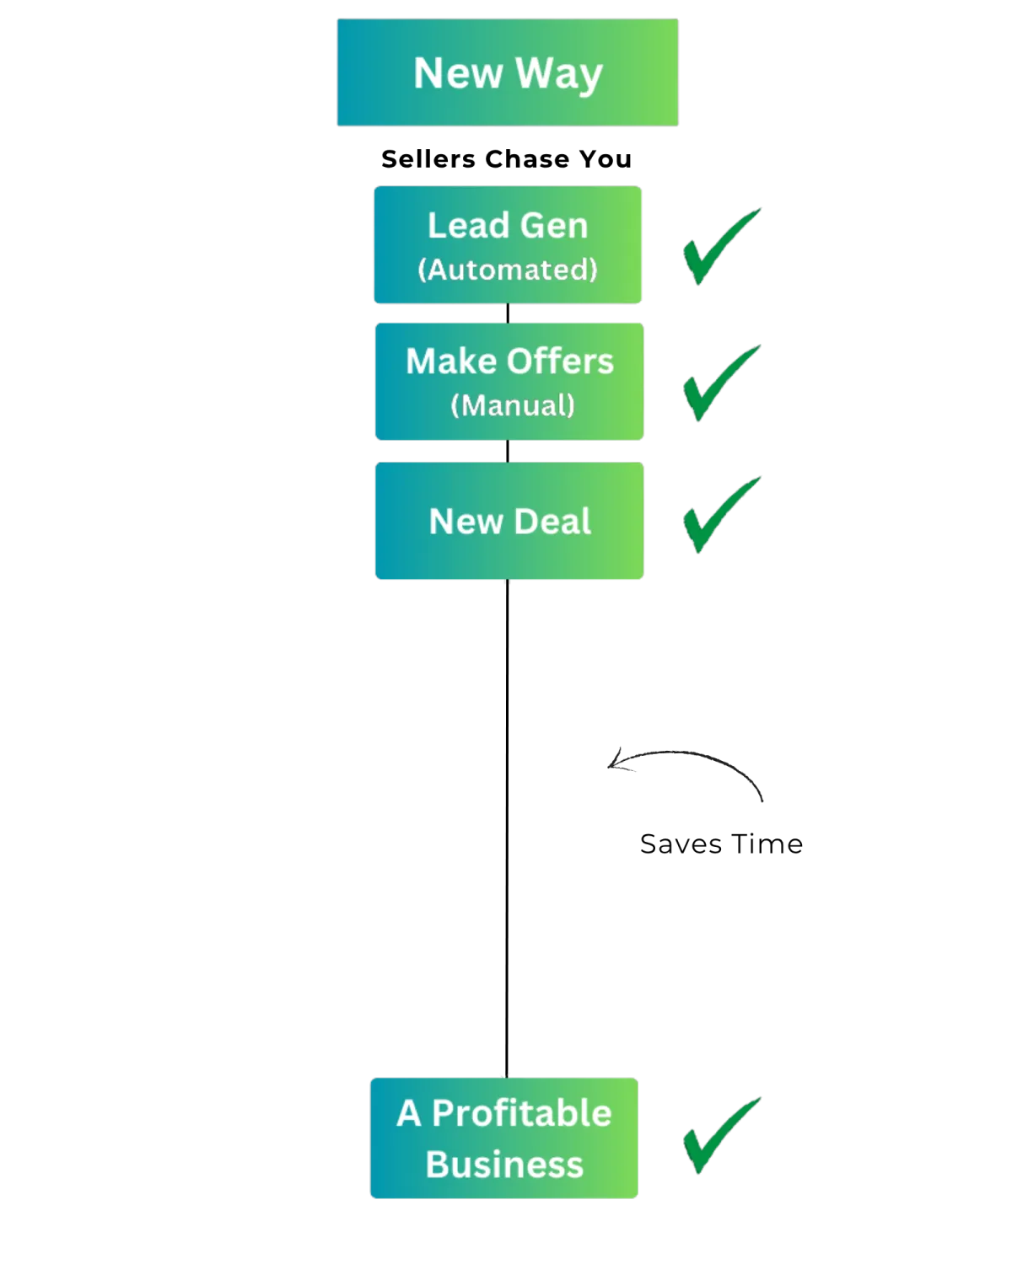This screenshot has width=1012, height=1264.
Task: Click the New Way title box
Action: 507,72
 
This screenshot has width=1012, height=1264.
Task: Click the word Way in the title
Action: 559,74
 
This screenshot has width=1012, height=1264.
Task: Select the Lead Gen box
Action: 508,244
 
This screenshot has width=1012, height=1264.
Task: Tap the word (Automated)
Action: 508,270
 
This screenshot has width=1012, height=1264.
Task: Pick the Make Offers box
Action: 509,382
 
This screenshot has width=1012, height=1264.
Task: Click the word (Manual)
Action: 513,405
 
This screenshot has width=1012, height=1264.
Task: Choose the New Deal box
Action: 509,521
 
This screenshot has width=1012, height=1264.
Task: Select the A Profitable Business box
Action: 504,1138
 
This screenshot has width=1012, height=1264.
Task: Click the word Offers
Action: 563,362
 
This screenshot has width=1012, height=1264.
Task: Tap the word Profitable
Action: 522,1113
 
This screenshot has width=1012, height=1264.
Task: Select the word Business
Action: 504,1165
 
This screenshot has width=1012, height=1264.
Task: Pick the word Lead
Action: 465,226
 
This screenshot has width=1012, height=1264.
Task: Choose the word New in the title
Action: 458,72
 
